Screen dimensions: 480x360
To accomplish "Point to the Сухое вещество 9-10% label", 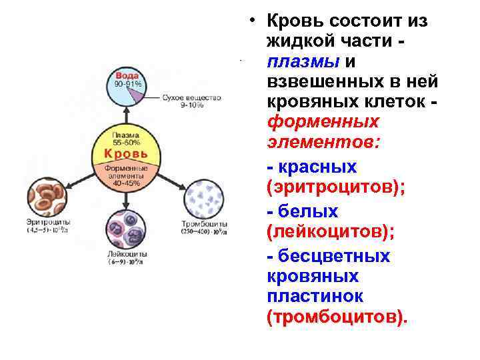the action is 191,101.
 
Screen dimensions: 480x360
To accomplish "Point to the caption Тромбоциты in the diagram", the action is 205,224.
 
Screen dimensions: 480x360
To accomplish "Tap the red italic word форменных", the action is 323,122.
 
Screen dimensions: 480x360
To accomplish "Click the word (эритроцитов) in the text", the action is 335,187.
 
